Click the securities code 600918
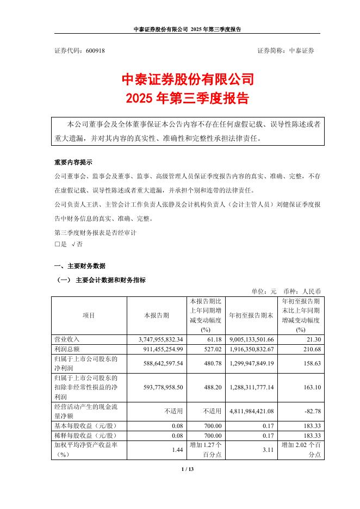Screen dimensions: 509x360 click(x=96, y=50)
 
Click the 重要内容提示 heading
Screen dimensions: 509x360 click(x=73, y=163)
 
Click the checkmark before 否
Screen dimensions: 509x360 click(x=74, y=245)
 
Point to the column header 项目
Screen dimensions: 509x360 click(x=88, y=315)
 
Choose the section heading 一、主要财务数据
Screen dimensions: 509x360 click(x=80, y=266)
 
